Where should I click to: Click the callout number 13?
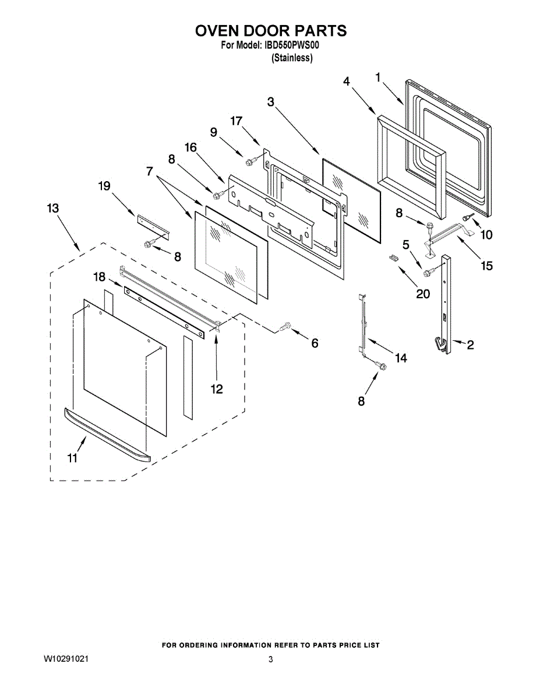click(53, 208)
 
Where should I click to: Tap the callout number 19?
click(104, 186)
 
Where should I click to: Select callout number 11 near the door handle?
click(72, 458)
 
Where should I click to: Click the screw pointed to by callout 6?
click(285, 327)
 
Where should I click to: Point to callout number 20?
click(423, 294)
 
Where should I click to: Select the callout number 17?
click(236, 121)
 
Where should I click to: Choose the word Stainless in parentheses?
click(292, 58)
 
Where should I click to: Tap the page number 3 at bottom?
click(271, 659)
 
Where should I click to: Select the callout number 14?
click(401, 358)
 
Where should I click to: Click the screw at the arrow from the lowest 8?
click(382, 366)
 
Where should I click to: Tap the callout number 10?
click(486, 234)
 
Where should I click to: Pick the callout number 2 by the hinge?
click(470, 344)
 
